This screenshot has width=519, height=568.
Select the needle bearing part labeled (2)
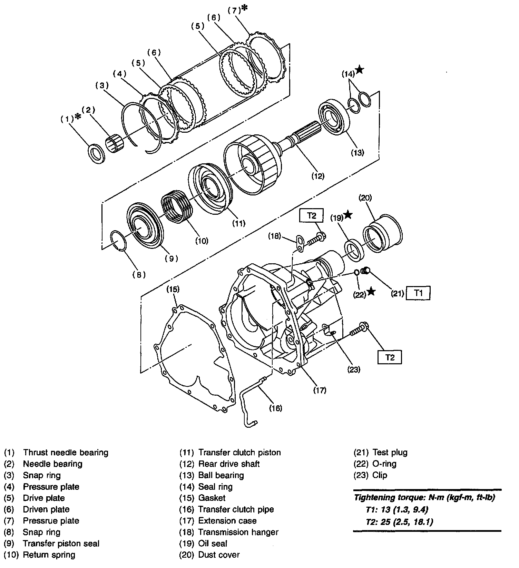tap(115, 144)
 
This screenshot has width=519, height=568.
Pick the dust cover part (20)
tap(382, 233)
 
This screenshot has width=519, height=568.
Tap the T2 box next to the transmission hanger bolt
tap(311, 216)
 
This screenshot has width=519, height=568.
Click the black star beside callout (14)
tap(359, 70)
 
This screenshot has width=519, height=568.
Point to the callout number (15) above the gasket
tap(173, 289)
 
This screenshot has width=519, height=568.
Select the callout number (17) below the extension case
tap(320, 390)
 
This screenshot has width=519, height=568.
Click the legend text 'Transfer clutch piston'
tap(239, 452)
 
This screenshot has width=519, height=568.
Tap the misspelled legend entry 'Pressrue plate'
tap(51, 520)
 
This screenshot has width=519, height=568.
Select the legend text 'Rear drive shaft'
tap(229, 464)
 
